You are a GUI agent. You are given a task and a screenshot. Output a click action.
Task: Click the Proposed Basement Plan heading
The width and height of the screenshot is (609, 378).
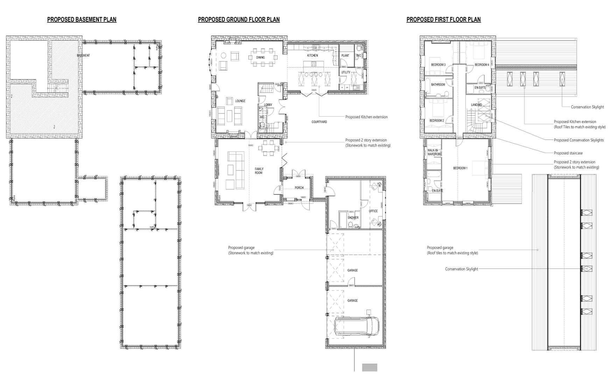click(82, 20)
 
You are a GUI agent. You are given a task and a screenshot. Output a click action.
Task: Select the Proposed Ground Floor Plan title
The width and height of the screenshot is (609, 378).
click(239, 20)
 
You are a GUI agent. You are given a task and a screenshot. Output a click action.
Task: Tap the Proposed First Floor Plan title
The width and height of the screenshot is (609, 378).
click(443, 20)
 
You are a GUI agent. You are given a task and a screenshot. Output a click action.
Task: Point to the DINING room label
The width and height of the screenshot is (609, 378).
click(260, 57)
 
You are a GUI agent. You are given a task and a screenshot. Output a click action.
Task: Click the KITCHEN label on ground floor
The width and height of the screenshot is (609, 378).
click(313, 56)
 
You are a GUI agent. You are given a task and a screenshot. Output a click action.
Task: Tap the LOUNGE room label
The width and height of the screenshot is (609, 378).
click(240, 101)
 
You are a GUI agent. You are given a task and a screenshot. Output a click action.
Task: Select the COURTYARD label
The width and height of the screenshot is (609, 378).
click(319, 122)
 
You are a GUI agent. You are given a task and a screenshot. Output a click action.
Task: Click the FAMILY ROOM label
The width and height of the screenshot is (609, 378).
click(259, 171)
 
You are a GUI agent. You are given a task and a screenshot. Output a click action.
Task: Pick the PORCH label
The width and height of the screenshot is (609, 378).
click(299, 188)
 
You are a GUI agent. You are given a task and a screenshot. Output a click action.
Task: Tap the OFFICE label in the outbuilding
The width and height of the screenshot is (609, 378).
click(373, 211)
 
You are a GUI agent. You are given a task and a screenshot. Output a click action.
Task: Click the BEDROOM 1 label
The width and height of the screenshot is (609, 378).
click(460, 168)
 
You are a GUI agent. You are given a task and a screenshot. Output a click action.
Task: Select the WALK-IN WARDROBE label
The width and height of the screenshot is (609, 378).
click(433, 152)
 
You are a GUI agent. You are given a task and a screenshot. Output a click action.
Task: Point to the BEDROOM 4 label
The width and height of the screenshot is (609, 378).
click(482, 65)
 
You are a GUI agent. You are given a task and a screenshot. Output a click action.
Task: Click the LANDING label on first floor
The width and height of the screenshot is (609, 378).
click(476, 105)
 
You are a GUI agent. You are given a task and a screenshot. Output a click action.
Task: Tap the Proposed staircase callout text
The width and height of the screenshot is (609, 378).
click(568, 153)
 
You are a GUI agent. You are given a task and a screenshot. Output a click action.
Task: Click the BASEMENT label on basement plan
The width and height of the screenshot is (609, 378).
click(83, 56)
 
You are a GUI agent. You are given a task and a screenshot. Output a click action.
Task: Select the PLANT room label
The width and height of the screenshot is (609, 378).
click(345, 56)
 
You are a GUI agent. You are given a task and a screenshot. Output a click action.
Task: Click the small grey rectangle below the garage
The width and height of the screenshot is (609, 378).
click(370, 367)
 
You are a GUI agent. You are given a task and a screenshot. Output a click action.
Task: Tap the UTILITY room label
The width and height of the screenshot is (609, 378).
click(345, 72)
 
